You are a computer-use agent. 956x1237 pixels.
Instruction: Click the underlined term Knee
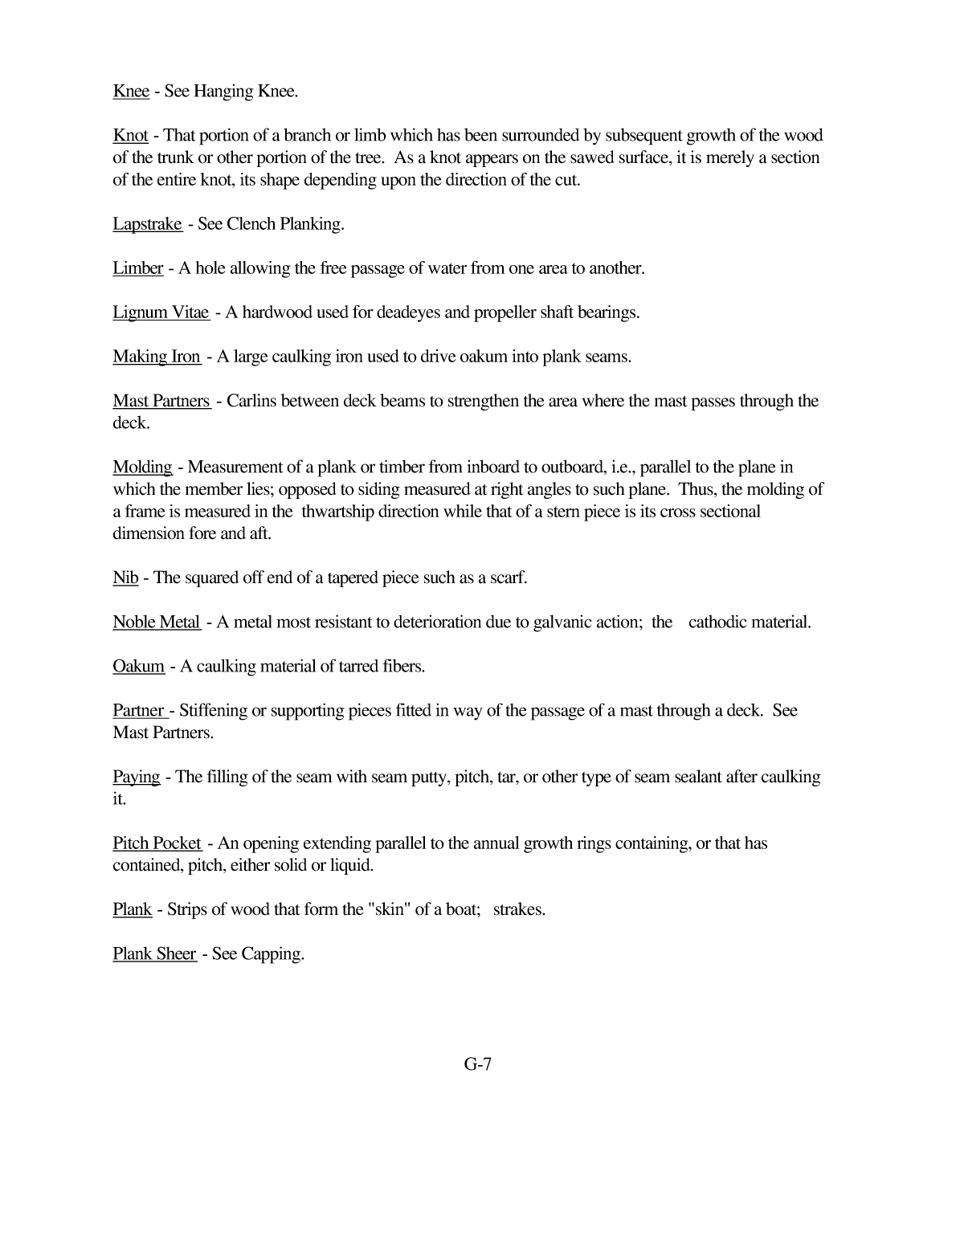[x=131, y=92]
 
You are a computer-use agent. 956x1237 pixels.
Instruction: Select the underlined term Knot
[x=130, y=136]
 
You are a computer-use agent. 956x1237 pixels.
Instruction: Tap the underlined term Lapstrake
[x=147, y=224]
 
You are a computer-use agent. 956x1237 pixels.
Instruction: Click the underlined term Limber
[x=138, y=268]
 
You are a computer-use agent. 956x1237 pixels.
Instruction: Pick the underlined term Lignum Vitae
[x=161, y=312]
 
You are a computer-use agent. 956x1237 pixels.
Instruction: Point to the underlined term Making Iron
[x=157, y=357]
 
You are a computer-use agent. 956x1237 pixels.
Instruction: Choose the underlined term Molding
[x=142, y=467]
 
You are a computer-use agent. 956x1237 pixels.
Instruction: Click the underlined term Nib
[x=125, y=578]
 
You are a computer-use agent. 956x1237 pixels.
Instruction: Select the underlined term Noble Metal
[x=157, y=623]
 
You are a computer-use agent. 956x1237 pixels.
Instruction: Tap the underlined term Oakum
[x=138, y=667]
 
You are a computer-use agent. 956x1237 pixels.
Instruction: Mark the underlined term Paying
[x=136, y=778]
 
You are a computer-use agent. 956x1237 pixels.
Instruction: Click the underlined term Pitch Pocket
[x=157, y=843]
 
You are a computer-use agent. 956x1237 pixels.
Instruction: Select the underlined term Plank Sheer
[x=154, y=954]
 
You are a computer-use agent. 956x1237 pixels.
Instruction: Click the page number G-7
[x=477, y=1065]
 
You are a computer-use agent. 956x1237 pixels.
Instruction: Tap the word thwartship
[x=341, y=512]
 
